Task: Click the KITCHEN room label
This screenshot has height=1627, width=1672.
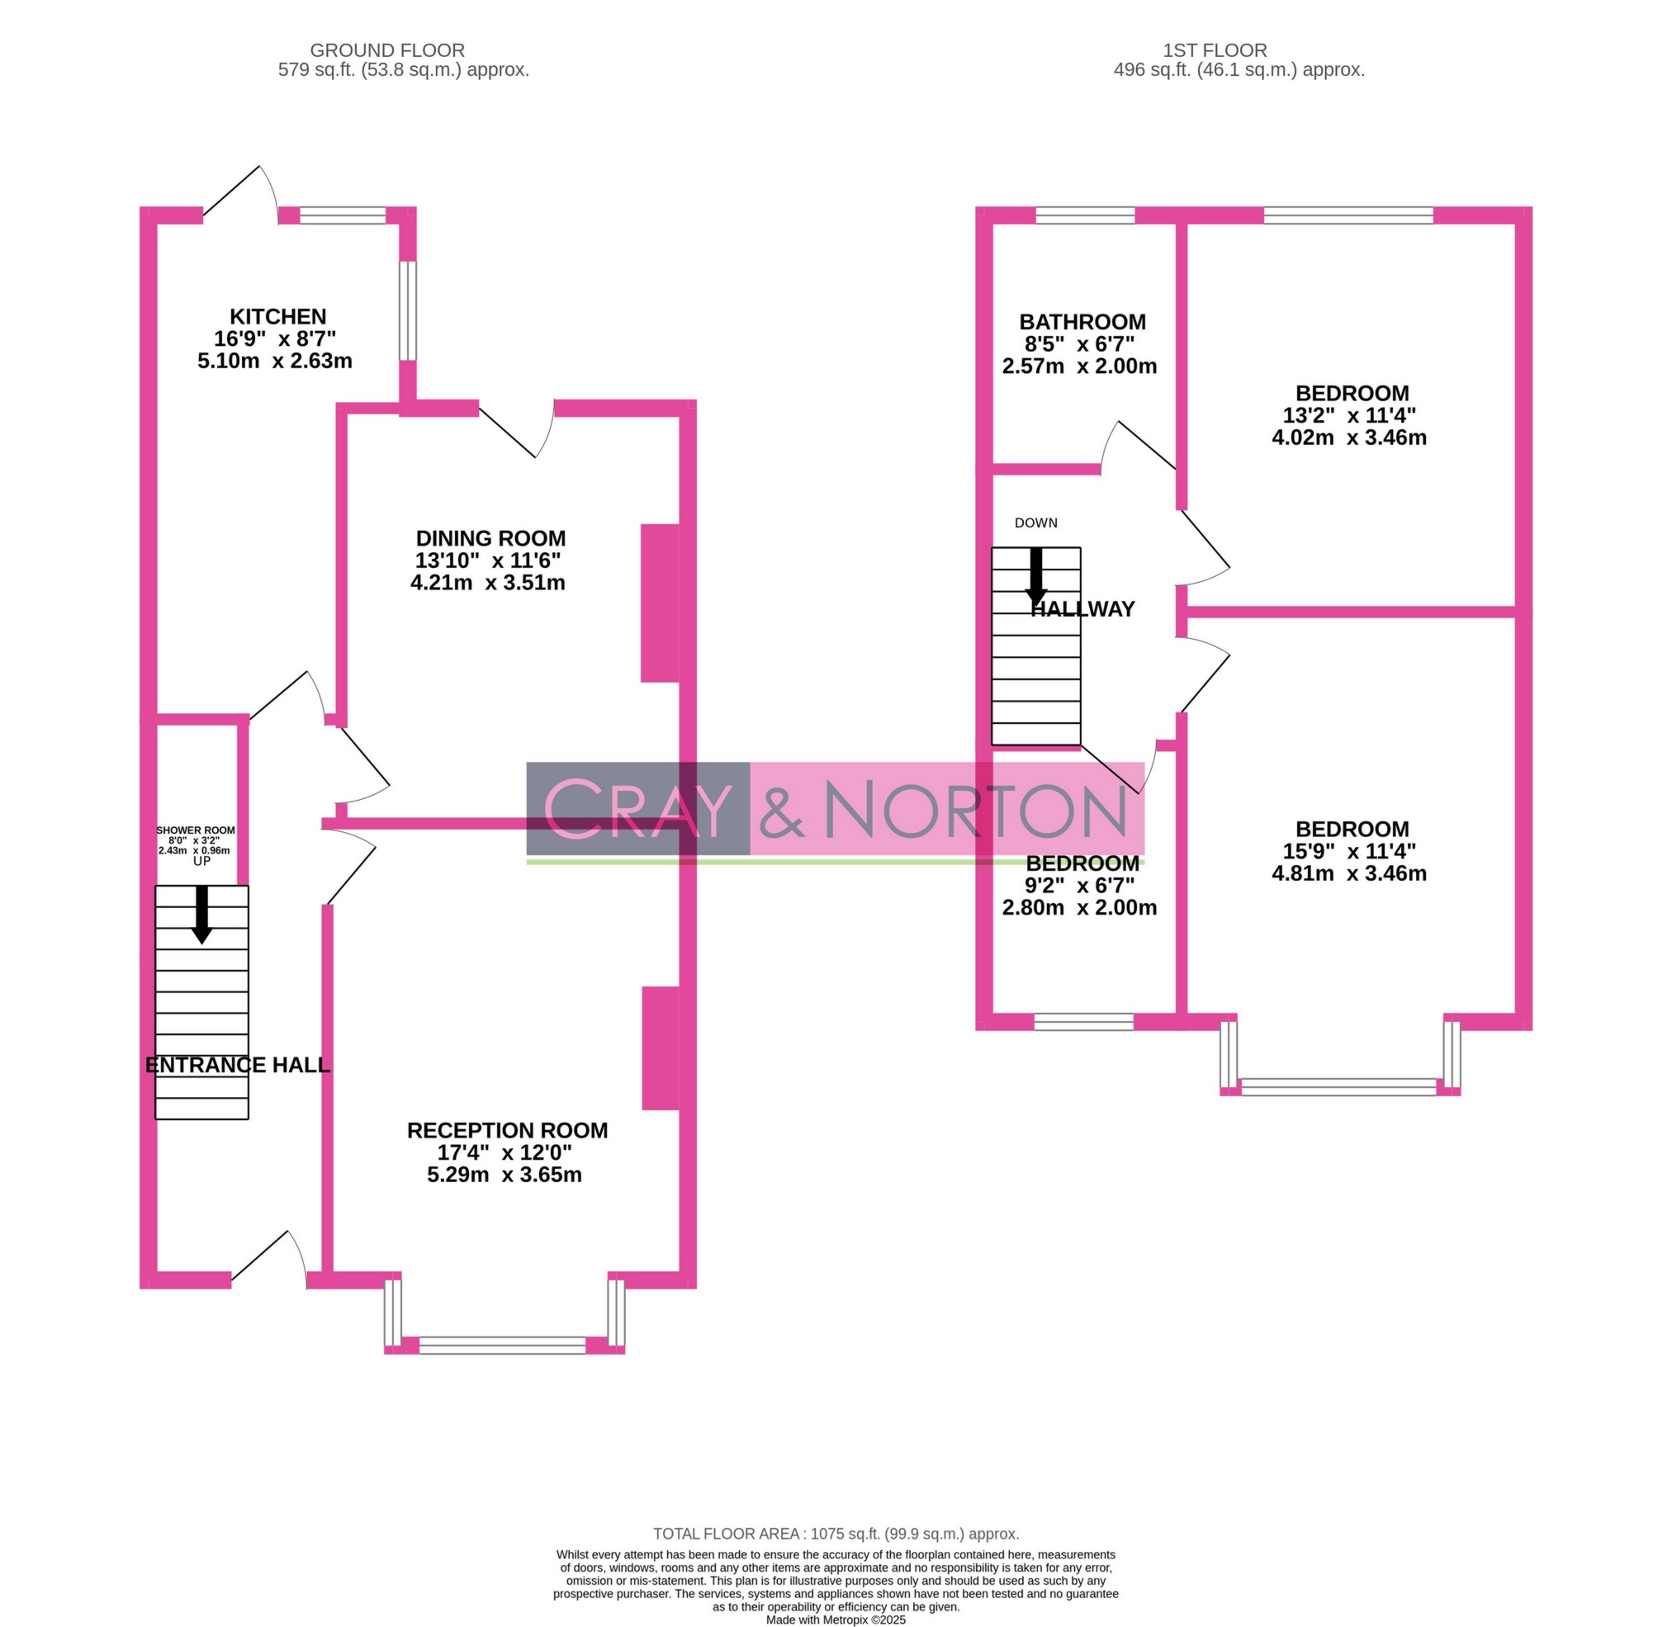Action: (277, 317)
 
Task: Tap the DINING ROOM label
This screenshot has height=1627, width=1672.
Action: (490, 538)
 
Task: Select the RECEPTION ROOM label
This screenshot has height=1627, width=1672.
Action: (507, 1131)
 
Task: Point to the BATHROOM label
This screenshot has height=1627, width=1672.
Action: (1082, 322)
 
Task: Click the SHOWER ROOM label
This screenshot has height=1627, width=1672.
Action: (196, 830)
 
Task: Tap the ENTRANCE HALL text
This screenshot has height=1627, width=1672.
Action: (238, 1065)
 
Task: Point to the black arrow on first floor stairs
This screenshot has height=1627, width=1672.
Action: (1036, 575)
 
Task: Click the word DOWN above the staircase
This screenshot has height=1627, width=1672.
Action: (1036, 523)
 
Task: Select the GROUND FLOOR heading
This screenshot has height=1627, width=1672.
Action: (387, 50)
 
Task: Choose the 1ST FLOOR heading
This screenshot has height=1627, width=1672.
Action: (1215, 50)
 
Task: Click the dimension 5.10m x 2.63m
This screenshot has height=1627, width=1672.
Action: (274, 362)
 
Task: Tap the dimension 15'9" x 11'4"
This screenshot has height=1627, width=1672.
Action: (1350, 851)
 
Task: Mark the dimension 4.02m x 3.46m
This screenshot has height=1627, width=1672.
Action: (1349, 437)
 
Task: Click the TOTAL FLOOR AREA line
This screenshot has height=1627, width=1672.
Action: (836, 1534)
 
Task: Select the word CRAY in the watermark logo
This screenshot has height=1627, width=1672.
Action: (637, 808)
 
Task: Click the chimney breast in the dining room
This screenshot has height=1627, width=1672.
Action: (660, 603)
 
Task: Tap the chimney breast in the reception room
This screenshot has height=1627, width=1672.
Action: (661, 1048)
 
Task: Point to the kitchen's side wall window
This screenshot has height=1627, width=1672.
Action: (409, 310)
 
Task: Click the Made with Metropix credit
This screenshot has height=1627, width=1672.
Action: (835, 1620)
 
